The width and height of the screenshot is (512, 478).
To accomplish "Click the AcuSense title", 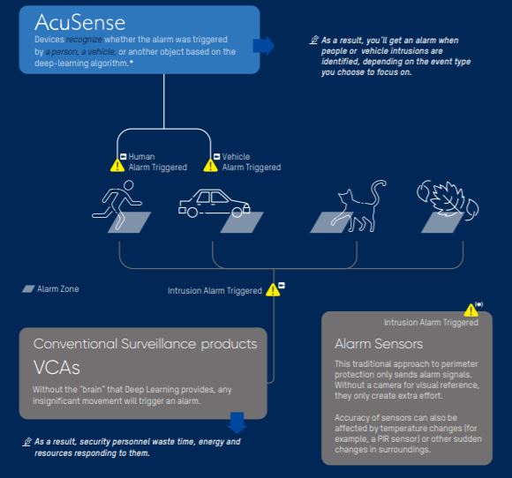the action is click(x=80, y=23).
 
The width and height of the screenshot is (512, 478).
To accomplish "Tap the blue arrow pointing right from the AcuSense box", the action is click(x=264, y=46).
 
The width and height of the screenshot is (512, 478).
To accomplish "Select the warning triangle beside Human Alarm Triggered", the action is click(x=117, y=165).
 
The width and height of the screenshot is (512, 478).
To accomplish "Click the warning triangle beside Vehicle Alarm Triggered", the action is click(x=211, y=165).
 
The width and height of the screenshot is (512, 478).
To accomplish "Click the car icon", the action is click(x=215, y=204).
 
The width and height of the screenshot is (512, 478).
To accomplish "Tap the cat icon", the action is click(x=359, y=206).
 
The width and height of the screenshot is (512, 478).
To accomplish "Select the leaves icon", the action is click(x=448, y=199).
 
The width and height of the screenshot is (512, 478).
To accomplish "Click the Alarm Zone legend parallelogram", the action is click(x=28, y=288).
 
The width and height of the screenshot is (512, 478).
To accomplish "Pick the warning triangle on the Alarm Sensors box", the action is click(x=471, y=310).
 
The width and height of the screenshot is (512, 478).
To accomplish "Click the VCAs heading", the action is click(x=56, y=368).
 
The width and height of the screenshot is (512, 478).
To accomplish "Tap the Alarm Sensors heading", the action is click(x=379, y=344).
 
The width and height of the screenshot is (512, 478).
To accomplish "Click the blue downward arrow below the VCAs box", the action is click(x=237, y=422).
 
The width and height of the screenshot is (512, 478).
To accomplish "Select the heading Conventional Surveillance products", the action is click(x=146, y=344).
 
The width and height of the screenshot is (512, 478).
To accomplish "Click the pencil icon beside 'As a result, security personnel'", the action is click(x=27, y=442).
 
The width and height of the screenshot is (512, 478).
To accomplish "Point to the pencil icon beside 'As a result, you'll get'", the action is click(x=313, y=41).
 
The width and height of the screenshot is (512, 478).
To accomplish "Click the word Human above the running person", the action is click(x=142, y=157).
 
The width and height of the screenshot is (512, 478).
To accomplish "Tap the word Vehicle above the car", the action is click(x=236, y=157).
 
